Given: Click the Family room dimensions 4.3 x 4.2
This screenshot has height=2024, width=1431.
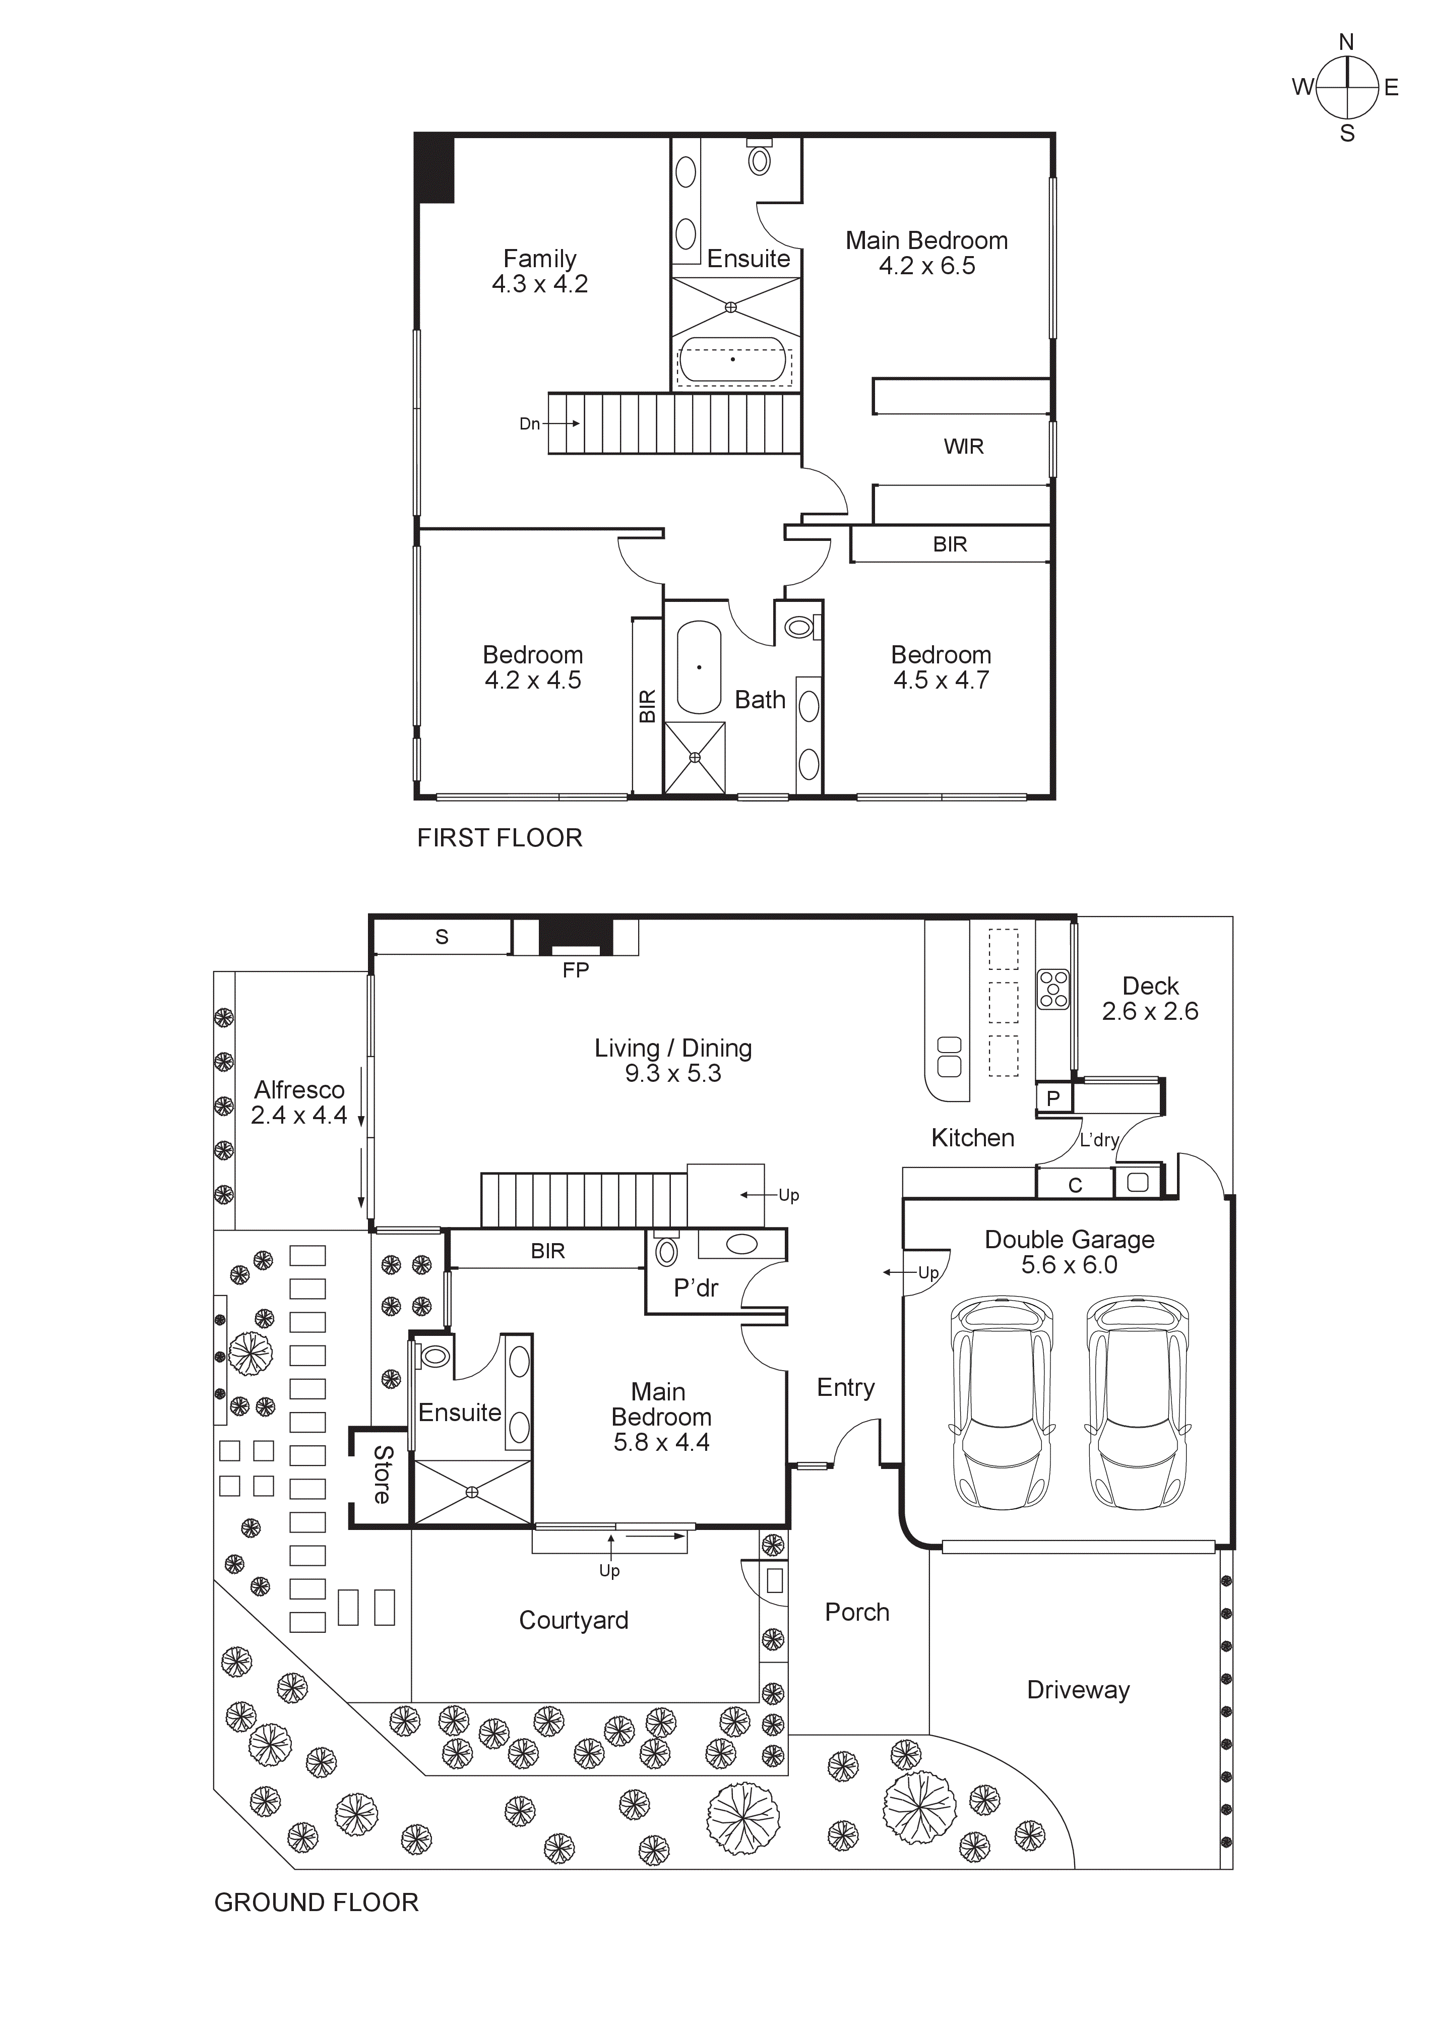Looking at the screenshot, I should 540,284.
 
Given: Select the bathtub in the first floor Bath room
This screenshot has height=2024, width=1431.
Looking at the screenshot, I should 699,667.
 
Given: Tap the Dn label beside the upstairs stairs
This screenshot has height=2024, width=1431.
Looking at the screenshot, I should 529,424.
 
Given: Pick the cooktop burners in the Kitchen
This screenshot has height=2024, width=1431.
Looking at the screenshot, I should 1053,988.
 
